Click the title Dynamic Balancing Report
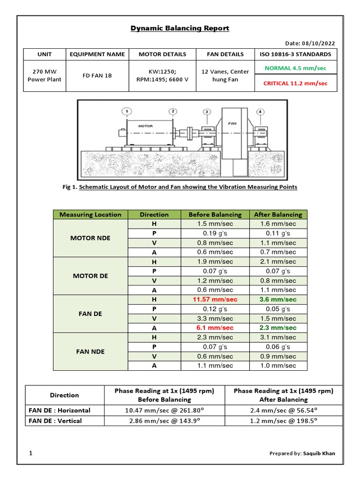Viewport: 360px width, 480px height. (x=180, y=28)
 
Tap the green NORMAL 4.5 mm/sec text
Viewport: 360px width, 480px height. (x=295, y=67)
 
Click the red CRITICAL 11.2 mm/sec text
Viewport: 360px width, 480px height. (x=295, y=83)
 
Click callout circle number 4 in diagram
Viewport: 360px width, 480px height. (x=260, y=112)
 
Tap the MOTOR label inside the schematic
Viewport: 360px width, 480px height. (x=145, y=126)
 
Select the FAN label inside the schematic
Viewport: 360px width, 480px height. (x=232, y=124)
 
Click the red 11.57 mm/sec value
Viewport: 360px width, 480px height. (x=215, y=300)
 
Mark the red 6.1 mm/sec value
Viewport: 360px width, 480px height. (x=215, y=328)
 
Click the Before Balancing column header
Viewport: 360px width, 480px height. (x=215, y=215)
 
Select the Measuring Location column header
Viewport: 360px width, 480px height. (x=90, y=215)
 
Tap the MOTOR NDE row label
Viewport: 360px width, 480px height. (x=90, y=238)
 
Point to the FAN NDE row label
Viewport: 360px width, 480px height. (x=90, y=352)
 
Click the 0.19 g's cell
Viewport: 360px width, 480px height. (x=215, y=233)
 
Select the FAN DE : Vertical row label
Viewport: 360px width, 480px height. (x=55, y=421)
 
